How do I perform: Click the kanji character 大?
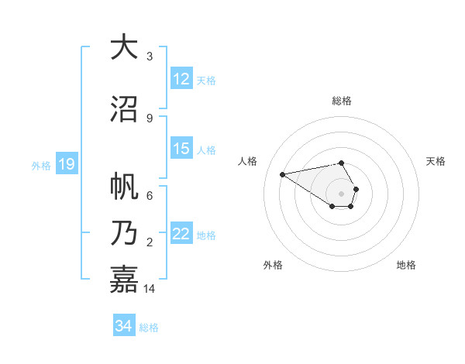coord(124,48)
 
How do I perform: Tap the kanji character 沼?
coord(124,109)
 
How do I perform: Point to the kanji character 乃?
coord(124,233)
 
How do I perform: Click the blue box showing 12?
coord(181,79)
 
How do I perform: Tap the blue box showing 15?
coord(181,149)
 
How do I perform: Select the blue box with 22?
coord(181,234)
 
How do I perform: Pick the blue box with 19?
coord(66,164)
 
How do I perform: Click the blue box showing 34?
coord(124,326)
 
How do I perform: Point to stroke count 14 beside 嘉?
coord(150,289)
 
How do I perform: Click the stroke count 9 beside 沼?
coord(149,118)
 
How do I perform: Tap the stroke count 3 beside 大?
coord(149,57)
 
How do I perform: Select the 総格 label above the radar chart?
coord(341,101)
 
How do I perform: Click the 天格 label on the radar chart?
coord(436,161)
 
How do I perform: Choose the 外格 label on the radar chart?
coord(273,265)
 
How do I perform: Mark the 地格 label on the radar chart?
coord(406,265)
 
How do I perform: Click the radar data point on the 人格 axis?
coord(283,173)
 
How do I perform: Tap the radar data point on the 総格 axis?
coord(341,163)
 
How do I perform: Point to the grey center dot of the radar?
coord(341,193)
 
